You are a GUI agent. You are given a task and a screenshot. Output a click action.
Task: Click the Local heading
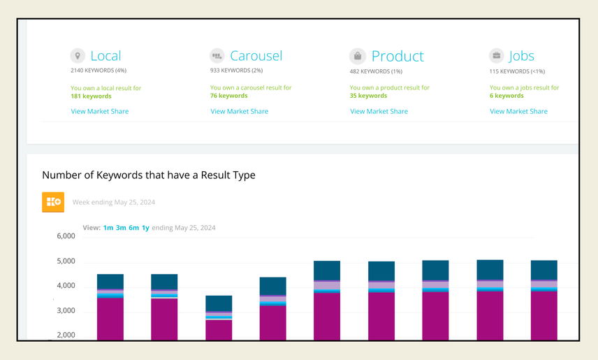(105, 56)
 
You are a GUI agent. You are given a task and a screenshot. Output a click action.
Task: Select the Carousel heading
(256, 56)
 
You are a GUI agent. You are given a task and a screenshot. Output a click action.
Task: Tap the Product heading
(397, 56)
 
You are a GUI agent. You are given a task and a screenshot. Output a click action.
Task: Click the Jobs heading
(522, 56)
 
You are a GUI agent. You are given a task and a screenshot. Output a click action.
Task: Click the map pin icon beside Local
(78, 56)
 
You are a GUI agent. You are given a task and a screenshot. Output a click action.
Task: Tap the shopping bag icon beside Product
(357, 56)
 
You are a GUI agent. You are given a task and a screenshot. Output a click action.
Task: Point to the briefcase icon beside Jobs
(497, 56)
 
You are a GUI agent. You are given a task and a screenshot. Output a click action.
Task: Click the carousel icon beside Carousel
(217, 56)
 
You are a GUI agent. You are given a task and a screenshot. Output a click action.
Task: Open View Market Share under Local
(100, 111)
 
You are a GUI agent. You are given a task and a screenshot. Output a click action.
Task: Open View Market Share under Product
(379, 111)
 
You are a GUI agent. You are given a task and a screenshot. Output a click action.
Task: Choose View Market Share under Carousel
(240, 111)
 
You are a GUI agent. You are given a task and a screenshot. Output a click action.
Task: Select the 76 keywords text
(228, 96)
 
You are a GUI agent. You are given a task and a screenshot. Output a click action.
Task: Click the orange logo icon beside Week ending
(53, 202)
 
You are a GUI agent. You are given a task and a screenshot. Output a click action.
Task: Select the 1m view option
(108, 228)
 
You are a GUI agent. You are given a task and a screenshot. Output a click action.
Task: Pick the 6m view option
(133, 228)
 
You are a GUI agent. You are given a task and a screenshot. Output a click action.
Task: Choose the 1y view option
(145, 228)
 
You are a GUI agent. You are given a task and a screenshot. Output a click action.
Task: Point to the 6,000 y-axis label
(66, 236)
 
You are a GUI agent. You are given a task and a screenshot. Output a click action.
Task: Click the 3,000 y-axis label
(66, 310)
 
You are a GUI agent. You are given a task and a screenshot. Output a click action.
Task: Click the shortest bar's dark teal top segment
(219, 303)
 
